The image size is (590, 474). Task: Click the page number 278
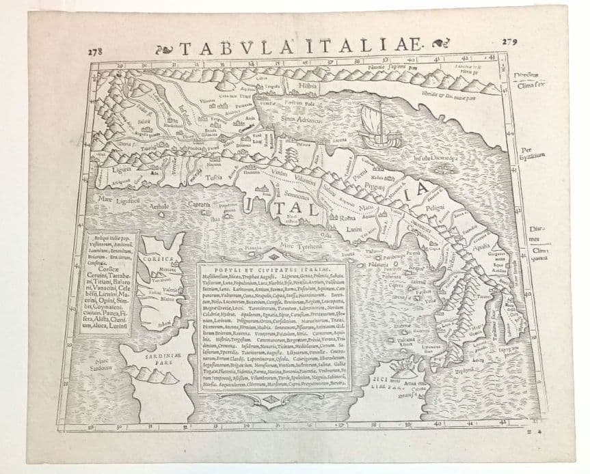(95, 52)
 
